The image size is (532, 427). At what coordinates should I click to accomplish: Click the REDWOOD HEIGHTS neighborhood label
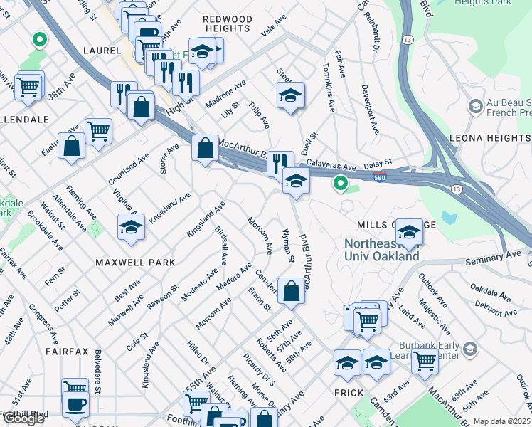pos(227,23)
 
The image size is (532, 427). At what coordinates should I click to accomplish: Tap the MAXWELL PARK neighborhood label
pos(135,263)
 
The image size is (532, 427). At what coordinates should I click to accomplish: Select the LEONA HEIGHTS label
pos(490,138)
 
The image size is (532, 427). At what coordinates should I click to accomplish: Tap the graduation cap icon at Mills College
pos(409,232)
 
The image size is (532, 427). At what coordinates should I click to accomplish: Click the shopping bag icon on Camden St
pos(292,291)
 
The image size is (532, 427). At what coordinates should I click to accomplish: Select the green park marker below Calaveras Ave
pos(341,184)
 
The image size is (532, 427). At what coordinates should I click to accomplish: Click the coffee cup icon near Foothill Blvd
pos(75,404)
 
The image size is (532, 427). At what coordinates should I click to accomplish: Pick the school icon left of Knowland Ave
pos(131,227)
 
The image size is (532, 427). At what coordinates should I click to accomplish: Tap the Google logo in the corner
pos(23,418)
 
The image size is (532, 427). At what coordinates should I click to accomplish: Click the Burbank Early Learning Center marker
pos(469,348)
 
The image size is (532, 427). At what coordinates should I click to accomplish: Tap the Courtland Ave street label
pos(122,169)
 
